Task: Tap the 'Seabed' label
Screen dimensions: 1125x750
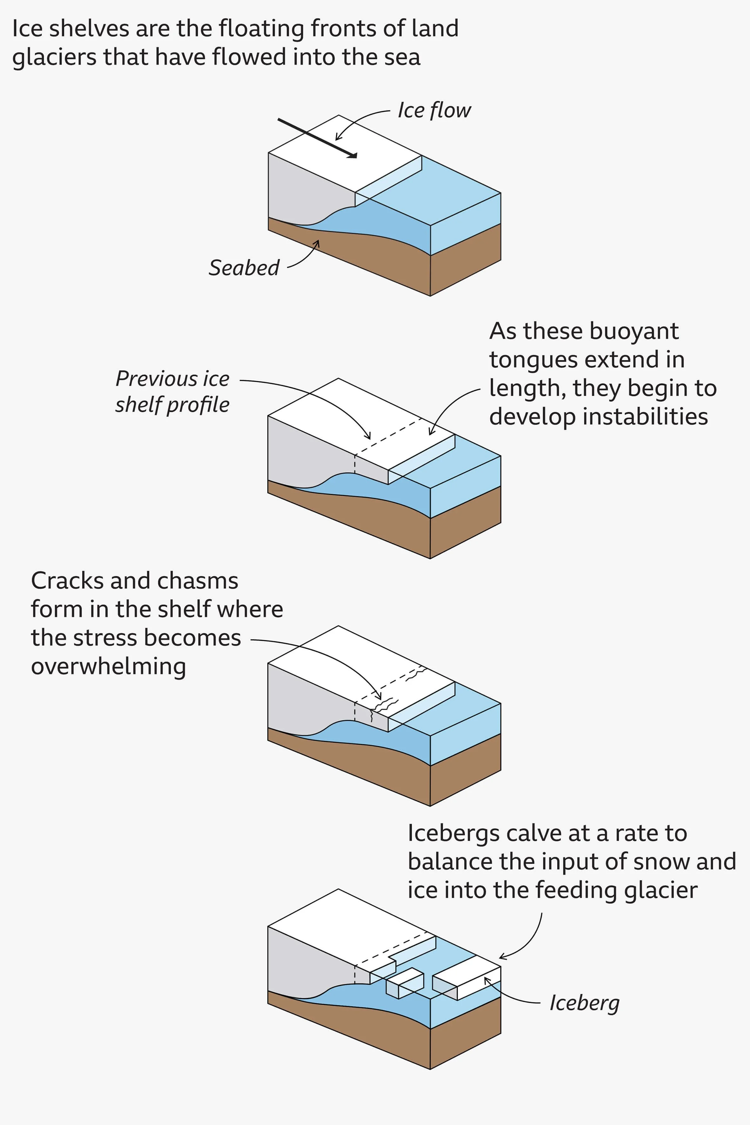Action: (x=244, y=268)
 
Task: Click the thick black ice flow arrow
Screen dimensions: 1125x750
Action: (x=317, y=138)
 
